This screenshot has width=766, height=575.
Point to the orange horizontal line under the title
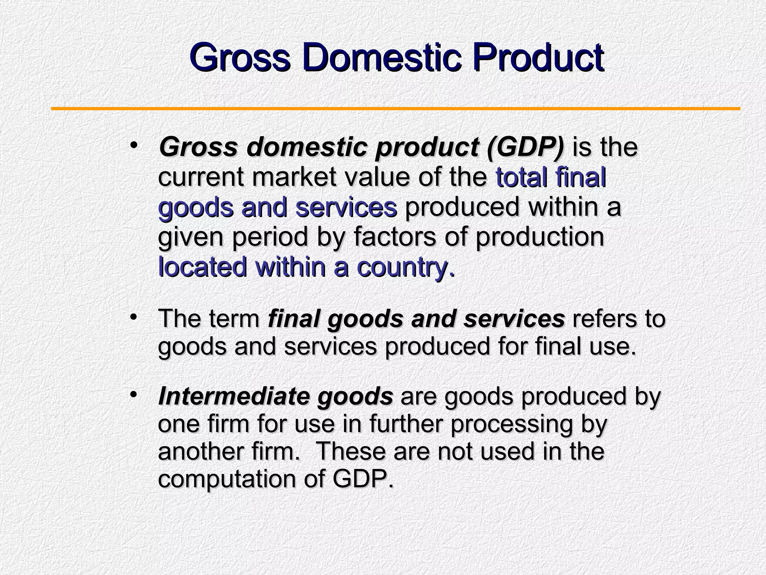coord(395,109)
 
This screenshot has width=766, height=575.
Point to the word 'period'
coord(270,237)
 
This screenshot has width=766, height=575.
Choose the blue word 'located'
coord(202,267)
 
